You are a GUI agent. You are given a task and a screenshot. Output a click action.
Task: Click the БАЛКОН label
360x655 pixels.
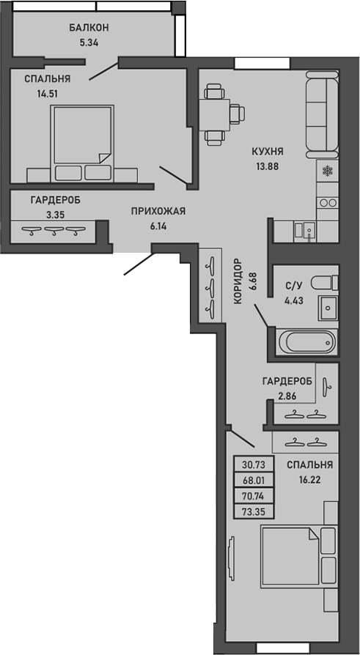(x=89, y=28)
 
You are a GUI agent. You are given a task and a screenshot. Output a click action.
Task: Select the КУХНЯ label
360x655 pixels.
(x=267, y=152)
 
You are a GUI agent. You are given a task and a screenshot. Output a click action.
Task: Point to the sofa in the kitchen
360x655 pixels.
(x=321, y=114)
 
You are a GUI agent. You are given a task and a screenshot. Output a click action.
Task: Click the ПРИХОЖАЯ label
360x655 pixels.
(x=158, y=212)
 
